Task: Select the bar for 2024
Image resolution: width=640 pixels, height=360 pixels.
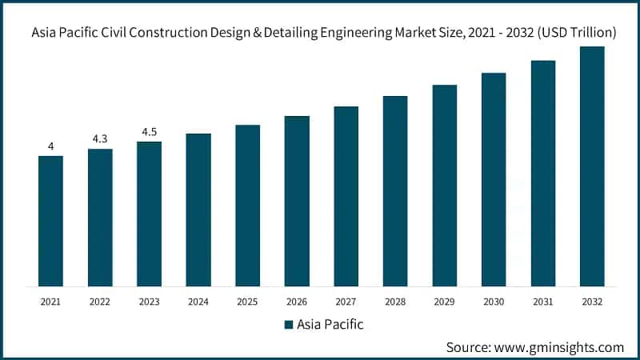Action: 198,210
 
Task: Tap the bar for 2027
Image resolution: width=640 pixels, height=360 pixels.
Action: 346,196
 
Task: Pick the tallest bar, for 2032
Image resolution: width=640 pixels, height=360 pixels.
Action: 592,166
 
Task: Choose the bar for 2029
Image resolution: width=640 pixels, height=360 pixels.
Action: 445,185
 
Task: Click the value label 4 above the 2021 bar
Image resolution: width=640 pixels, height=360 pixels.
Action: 50,146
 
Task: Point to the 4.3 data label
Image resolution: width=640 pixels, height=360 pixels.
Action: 100,139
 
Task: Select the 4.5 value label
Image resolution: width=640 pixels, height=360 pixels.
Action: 149,132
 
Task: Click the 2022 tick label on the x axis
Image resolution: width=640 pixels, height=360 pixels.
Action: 100,302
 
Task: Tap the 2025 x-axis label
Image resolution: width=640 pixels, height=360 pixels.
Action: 248,302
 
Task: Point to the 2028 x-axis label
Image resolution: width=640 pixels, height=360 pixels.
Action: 395,302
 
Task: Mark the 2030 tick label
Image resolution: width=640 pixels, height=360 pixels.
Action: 494,302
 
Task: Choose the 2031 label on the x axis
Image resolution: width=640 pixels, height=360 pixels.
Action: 543,302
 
